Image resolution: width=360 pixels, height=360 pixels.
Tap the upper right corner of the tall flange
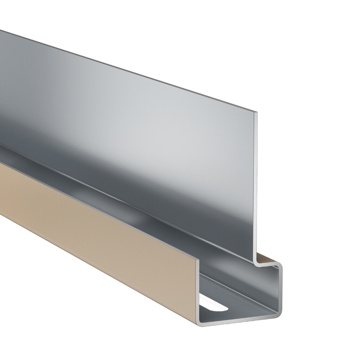click(256, 113)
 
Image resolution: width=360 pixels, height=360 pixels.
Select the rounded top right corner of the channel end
click(280, 265)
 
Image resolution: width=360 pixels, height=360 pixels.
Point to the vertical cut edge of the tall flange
click(256, 186)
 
